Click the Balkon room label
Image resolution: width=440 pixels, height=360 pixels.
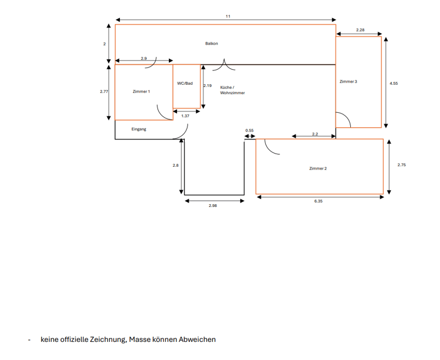tap(212, 43)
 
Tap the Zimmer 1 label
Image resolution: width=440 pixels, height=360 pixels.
tap(141, 91)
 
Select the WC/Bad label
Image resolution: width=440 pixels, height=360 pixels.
tap(185, 84)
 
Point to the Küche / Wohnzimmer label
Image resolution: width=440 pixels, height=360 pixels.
tap(232, 90)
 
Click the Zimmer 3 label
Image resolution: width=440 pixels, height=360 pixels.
tap(348, 81)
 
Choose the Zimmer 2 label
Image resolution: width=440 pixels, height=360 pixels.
tap(318, 168)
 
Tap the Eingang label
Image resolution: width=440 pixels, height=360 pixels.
tap(139, 129)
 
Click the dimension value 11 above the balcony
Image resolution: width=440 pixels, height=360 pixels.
tap(228, 17)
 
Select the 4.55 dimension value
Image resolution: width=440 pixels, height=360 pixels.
tap(394, 84)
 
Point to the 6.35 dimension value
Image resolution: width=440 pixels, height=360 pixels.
tap(318, 201)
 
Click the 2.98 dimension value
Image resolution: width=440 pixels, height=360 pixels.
tap(213, 205)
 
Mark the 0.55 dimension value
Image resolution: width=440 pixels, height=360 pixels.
tap(250, 130)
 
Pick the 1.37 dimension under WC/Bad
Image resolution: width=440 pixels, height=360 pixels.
tap(185, 116)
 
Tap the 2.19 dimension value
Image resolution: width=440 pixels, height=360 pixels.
tap(208, 86)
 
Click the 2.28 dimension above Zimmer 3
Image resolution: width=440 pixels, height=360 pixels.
tap(360, 30)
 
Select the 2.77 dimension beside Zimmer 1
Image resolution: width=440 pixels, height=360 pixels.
tap(104, 91)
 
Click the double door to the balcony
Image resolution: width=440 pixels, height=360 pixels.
tap(224, 64)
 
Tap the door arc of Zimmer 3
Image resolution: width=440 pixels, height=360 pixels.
tap(347, 116)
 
